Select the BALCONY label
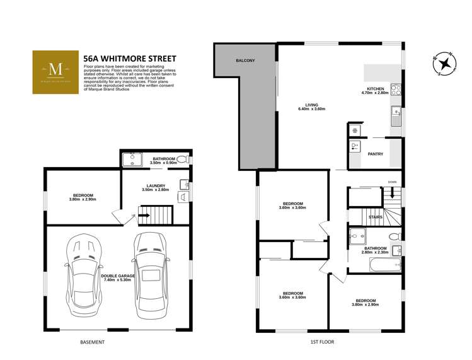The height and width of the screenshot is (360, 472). [x=245, y=60]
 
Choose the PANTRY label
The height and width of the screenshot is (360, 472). [x=376, y=153]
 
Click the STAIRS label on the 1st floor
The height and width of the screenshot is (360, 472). [x=376, y=217]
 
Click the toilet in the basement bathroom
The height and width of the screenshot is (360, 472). [x=182, y=160]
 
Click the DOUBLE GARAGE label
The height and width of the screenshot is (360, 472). [x=115, y=275]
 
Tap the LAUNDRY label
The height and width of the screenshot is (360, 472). [x=156, y=185]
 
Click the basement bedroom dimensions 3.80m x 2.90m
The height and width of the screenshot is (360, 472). [x=83, y=200]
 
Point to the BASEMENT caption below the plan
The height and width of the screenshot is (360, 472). [x=92, y=342]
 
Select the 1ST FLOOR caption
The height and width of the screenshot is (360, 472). [x=322, y=342]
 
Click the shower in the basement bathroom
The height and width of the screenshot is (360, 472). [x=132, y=159]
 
